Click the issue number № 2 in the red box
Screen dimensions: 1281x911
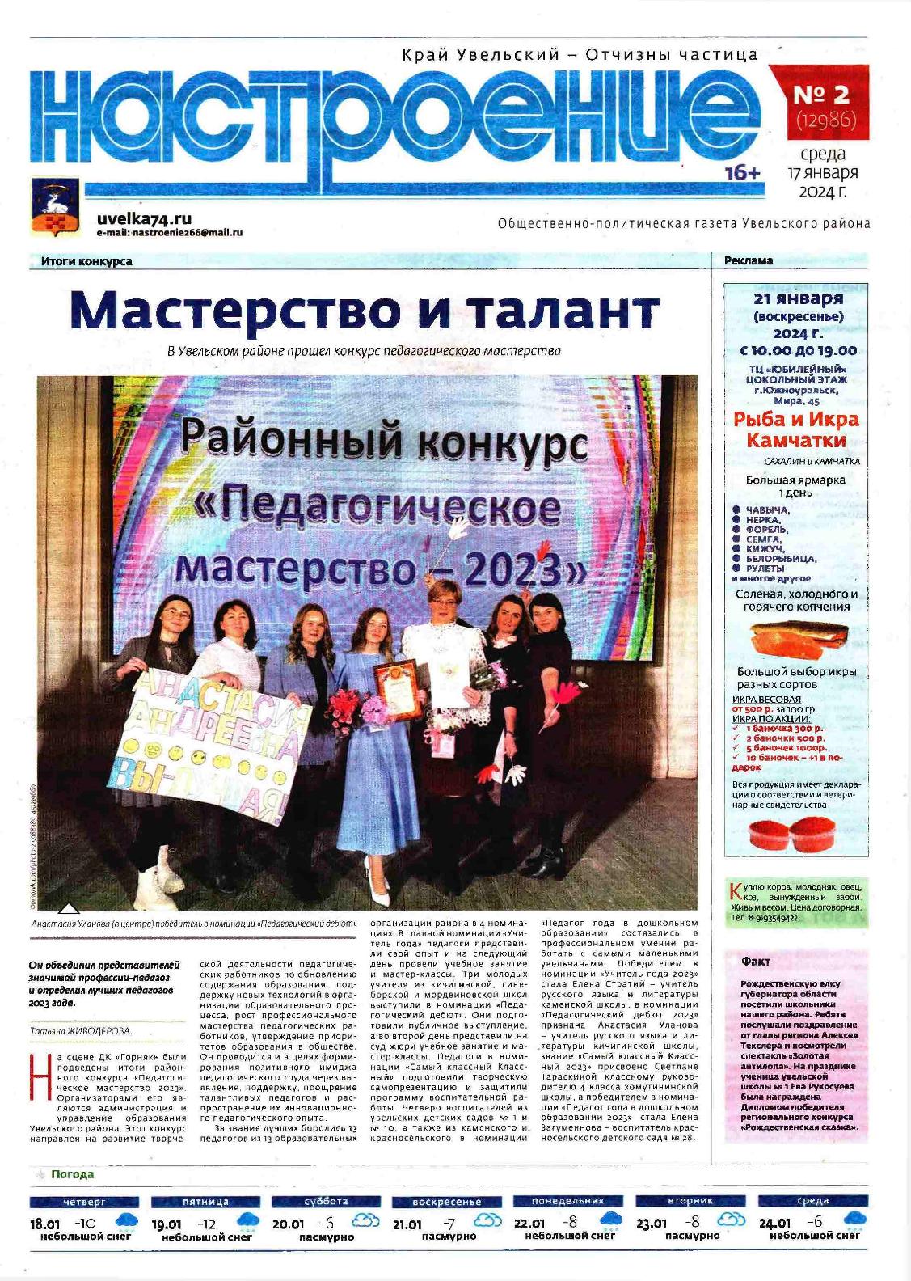coord(820,95)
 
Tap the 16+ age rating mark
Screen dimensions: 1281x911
coord(743,173)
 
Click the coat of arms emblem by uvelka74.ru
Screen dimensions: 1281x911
coord(54,207)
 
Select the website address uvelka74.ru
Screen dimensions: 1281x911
coord(144,218)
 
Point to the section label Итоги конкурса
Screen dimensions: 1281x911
coord(86,261)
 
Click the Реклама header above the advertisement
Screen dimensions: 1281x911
coord(749,260)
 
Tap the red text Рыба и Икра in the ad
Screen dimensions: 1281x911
coord(796,419)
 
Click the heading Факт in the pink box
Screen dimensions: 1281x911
coord(756,962)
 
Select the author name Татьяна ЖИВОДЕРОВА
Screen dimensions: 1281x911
coord(80,1031)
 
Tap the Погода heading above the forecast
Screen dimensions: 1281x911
coord(72,1174)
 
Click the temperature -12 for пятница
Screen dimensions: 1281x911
coord(209,1223)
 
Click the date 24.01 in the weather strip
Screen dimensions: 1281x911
coord(775,1224)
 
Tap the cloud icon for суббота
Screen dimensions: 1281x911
coord(364,1221)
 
